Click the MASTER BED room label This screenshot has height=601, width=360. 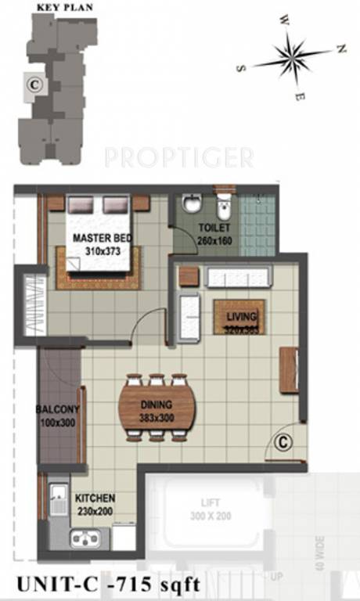tap(102, 238)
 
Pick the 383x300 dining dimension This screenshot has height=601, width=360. tap(157, 419)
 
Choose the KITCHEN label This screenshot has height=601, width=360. tap(95, 498)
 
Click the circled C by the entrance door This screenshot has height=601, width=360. tap(284, 443)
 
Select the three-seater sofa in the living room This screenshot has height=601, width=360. tap(238, 277)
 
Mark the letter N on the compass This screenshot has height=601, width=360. tap(341, 49)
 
